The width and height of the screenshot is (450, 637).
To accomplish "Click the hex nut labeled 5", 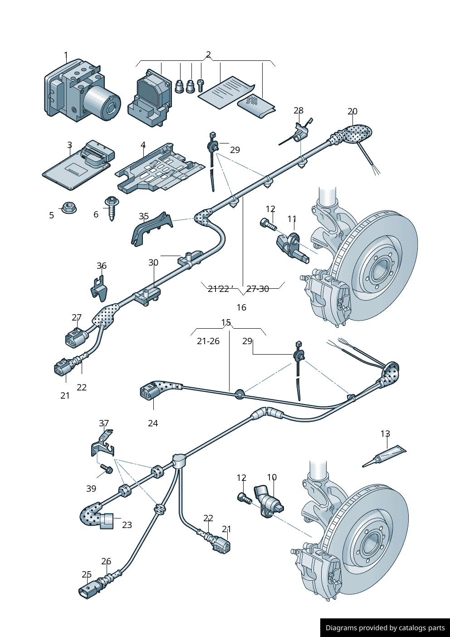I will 68,208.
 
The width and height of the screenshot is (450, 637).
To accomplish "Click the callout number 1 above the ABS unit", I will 66,56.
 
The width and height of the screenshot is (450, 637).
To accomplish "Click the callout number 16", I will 241,307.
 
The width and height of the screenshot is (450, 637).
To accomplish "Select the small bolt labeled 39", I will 107,469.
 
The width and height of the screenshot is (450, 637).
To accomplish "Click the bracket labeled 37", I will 103,444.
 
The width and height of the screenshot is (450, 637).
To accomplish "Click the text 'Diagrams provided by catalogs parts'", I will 385,628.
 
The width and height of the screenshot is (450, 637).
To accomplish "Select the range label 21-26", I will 208,341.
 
